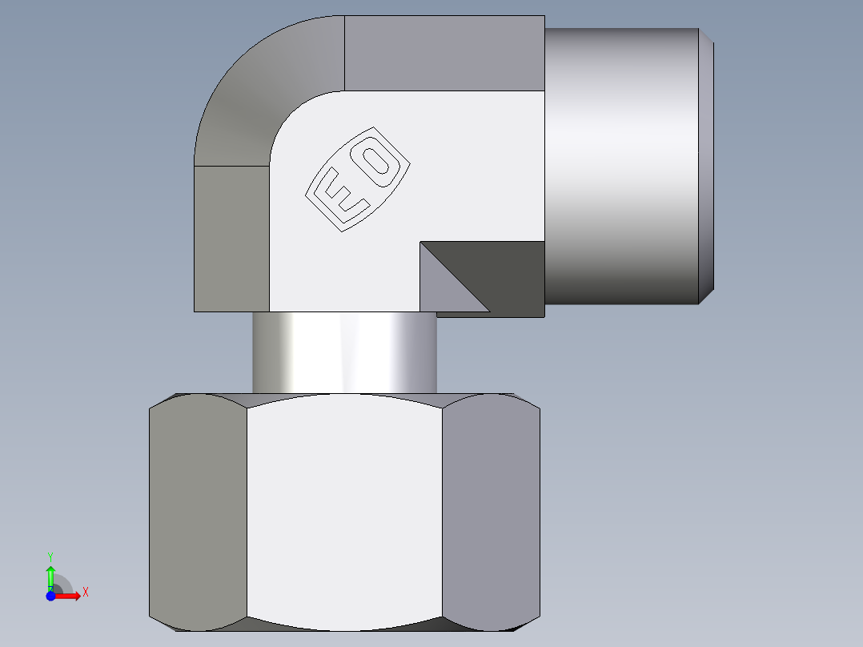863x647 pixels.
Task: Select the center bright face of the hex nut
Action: (x=344, y=512)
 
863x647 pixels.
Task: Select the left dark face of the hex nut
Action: (x=198, y=512)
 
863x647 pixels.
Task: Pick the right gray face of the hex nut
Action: (x=490, y=512)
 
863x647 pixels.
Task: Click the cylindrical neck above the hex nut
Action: (x=344, y=352)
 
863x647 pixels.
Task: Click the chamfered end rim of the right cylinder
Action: (x=707, y=164)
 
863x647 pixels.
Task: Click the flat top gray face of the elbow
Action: (x=444, y=53)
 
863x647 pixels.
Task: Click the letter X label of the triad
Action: (x=86, y=593)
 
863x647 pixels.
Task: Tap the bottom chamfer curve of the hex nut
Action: (x=344, y=625)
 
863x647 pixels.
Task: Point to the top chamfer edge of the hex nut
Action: (x=344, y=396)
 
